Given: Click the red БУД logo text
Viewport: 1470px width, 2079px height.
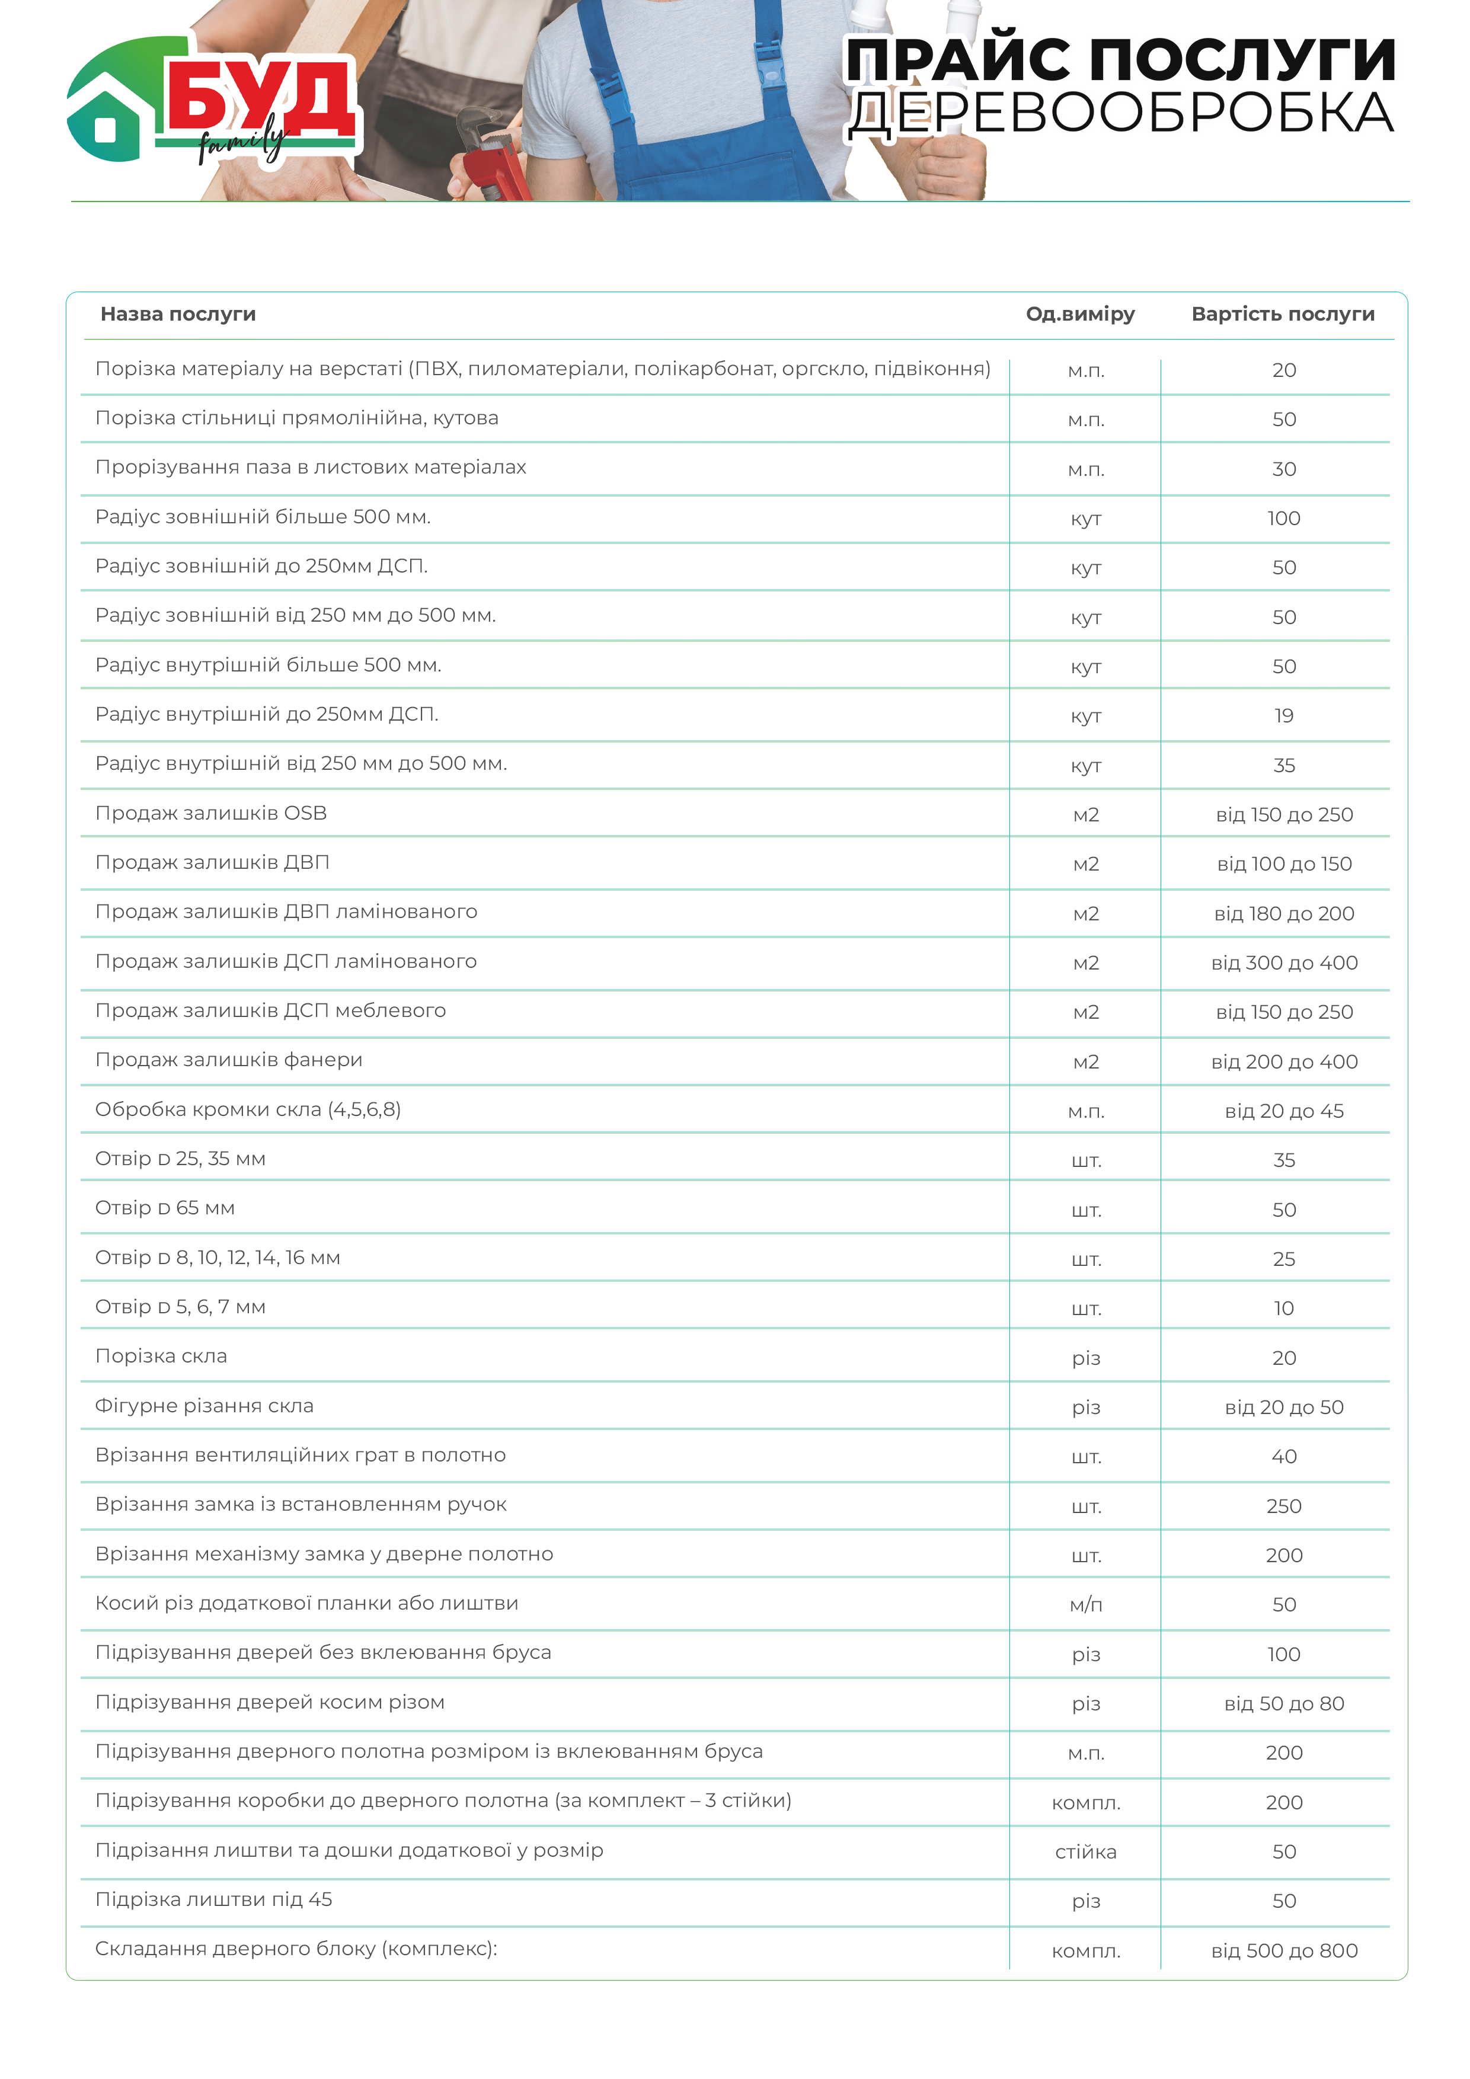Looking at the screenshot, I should point(258,95).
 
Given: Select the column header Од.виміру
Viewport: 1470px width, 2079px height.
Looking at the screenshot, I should point(1079,314).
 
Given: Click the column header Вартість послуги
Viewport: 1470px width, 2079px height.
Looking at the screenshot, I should point(1283,314).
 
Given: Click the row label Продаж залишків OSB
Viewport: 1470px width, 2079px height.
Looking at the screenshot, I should point(211,813).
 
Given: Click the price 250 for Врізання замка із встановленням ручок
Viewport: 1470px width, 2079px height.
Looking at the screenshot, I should point(1283,1507).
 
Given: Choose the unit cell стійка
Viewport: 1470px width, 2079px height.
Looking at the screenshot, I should point(1085,1853).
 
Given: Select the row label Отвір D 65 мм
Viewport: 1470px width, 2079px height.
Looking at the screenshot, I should point(165,1208).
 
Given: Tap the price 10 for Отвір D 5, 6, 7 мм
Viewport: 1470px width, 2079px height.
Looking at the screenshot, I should point(1283,1309).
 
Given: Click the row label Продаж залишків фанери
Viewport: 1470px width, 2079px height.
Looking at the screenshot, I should point(228,1060).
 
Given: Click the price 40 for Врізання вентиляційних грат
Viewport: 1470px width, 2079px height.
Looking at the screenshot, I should point(1283,1457).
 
